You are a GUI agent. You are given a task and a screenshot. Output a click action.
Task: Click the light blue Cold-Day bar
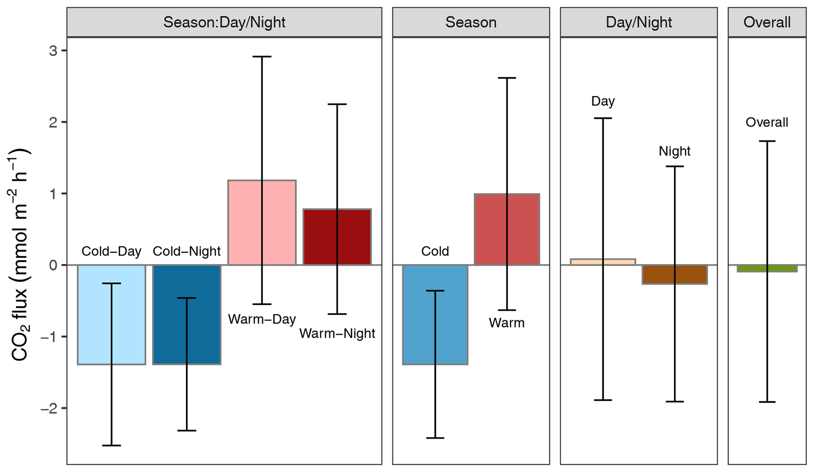95,315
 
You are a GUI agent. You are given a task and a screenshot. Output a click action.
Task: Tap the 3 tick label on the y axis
53,51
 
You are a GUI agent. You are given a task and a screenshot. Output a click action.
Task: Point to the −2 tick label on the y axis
49,408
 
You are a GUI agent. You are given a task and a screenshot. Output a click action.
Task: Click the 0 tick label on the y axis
53,265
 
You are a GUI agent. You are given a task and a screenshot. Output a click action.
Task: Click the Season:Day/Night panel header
224,22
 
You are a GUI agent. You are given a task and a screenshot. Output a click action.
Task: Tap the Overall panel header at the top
767,22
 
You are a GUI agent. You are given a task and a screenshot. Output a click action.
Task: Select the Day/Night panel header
638,22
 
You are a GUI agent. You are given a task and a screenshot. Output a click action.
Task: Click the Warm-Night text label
337,333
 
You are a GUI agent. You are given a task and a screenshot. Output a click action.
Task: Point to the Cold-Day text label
111,251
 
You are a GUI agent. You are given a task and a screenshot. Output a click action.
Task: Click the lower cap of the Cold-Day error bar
111,446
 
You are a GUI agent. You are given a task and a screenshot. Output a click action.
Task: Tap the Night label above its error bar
675,151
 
